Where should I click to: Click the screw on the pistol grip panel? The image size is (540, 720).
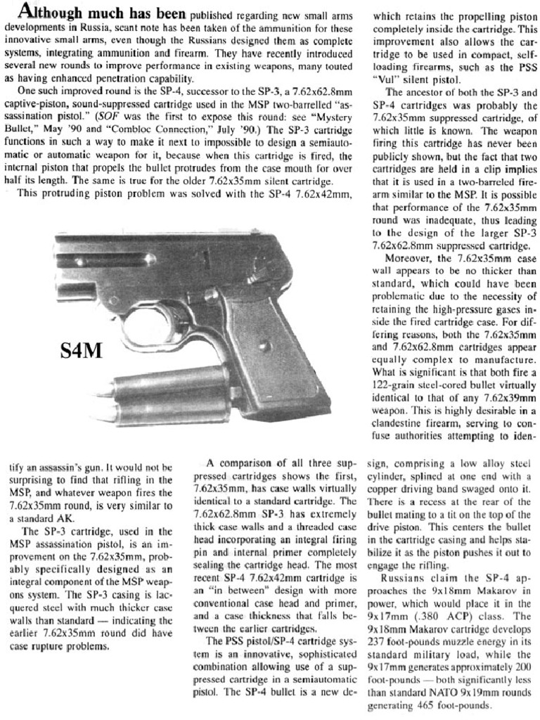(x=264, y=346)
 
